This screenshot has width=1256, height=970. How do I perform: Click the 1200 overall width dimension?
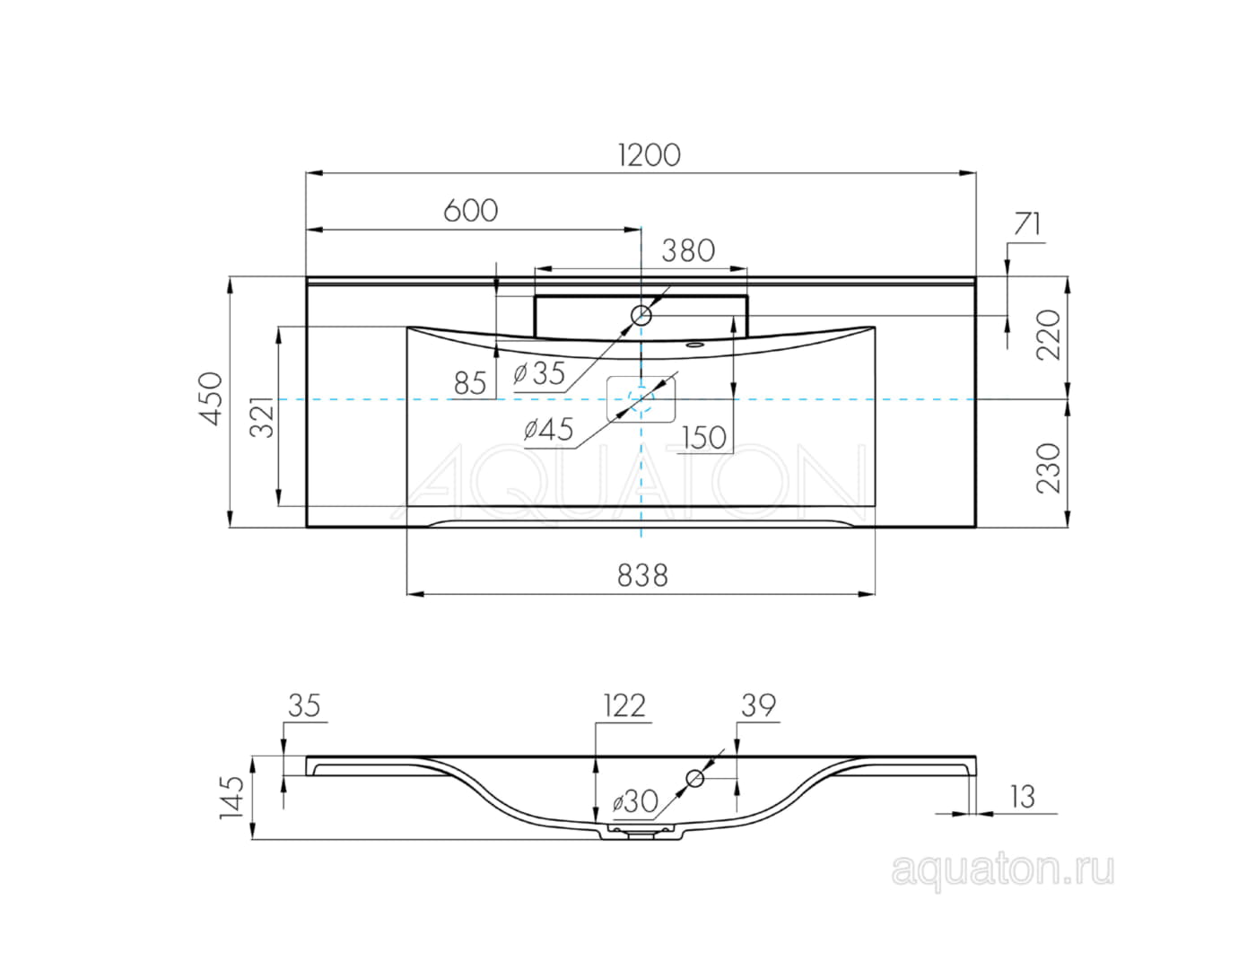click(650, 155)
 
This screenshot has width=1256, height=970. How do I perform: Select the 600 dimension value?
click(470, 210)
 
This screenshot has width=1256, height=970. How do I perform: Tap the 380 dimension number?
click(688, 251)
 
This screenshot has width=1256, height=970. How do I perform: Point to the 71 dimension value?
click(1027, 223)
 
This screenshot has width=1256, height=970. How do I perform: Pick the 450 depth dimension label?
click(211, 399)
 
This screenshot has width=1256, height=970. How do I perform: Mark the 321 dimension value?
click(261, 416)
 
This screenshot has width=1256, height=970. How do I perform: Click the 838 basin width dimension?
click(642, 576)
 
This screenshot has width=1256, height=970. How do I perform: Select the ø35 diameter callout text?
click(538, 373)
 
